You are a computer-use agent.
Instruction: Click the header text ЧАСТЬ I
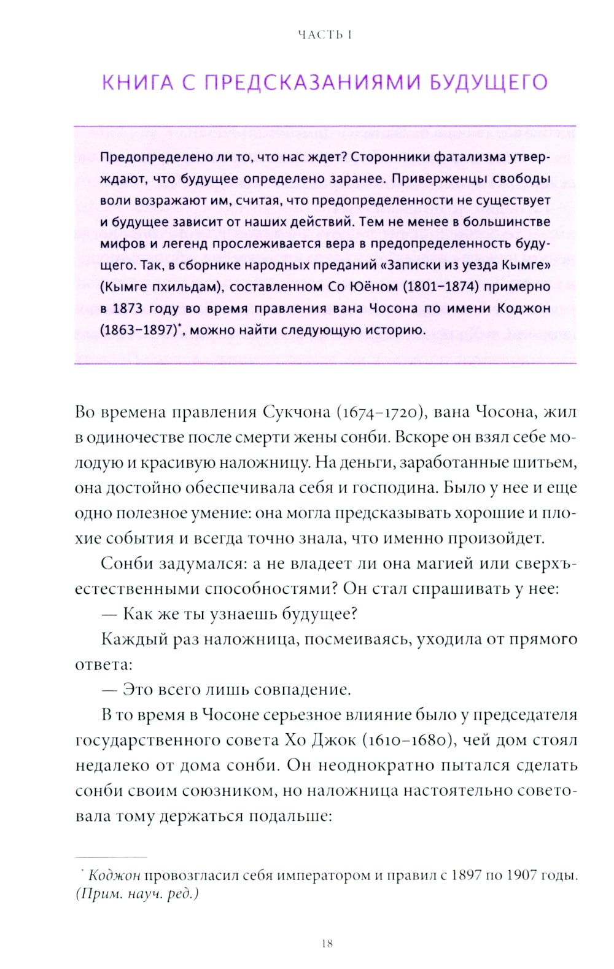[325, 35]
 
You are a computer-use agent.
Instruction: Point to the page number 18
[327, 943]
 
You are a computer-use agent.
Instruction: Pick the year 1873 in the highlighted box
[127, 308]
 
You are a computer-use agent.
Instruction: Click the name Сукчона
[297, 411]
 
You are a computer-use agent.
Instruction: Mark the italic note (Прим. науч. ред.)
[137, 893]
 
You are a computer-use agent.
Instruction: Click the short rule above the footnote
[111, 857]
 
